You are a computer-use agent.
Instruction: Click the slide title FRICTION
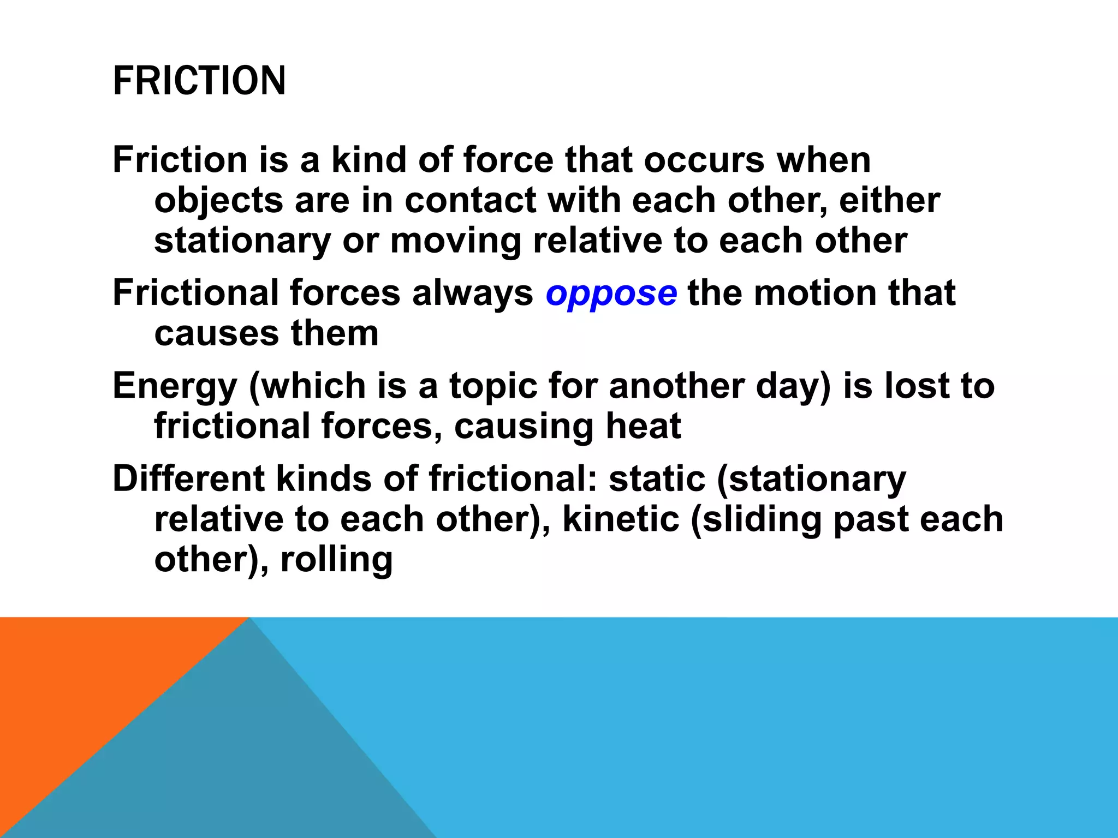pyautogui.click(x=199, y=81)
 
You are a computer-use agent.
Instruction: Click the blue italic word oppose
pyautogui.click(x=611, y=294)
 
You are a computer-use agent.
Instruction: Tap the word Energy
pyautogui.click(x=175, y=386)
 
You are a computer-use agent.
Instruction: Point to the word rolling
pyautogui.click(x=336, y=559)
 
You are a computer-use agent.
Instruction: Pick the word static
pyautogui.click(x=657, y=479)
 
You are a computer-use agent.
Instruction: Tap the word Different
pyautogui.click(x=188, y=479)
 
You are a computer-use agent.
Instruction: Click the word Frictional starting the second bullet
pyautogui.click(x=195, y=293)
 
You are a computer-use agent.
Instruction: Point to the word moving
pyautogui.click(x=456, y=241)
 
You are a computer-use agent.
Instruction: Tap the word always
pyautogui.click(x=472, y=294)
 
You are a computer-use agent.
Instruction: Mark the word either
pyautogui.click(x=889, y=200)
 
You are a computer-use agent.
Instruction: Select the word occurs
pyautogui.click(x=704, y=160)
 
